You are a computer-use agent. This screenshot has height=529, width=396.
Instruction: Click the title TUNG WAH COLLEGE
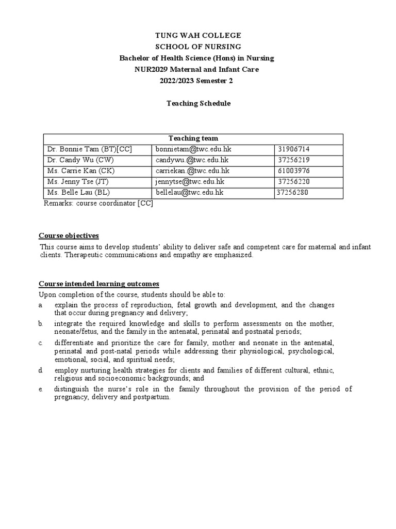point(198,35)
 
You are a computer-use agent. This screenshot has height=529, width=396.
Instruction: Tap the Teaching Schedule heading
point(198,103)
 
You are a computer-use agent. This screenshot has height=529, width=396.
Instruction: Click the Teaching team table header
point(193,138)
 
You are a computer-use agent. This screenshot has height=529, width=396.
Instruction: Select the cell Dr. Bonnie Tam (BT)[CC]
point(90,149)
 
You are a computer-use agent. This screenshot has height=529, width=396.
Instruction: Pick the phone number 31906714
point(293,149)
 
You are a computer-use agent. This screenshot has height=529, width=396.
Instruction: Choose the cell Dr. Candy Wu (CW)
point(81,160)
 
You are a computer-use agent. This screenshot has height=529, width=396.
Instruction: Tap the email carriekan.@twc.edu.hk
point(192,171)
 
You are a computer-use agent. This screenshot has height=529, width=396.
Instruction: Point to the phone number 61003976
point(293,171)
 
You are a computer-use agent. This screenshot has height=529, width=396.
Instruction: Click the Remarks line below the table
point(98,203)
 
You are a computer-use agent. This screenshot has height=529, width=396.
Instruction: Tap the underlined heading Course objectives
point(69,236)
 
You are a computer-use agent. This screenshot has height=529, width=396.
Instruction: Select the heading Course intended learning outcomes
point(99,284)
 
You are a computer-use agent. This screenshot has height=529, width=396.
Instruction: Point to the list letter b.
point(41,324)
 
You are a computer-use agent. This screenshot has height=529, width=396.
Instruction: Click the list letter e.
point(41,389)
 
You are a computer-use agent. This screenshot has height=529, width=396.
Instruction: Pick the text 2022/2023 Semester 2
point(198,81)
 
